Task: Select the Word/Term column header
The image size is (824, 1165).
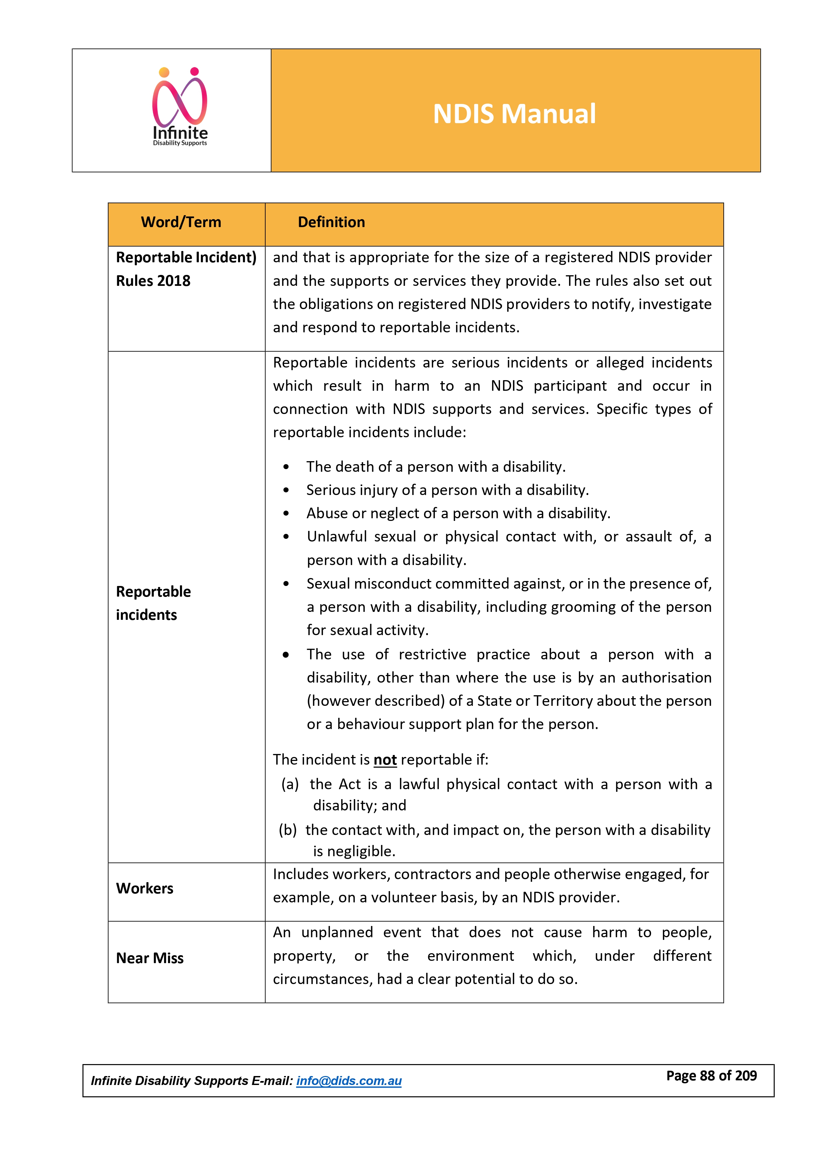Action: tap(181, 222)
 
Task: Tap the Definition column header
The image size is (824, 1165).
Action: tap(331, 222)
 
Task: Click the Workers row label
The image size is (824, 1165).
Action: tap(145, 888)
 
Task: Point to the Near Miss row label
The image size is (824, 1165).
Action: tap(150, 958)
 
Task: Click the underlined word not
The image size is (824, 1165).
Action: tap(385, 760)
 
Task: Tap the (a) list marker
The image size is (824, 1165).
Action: tap(290, 785)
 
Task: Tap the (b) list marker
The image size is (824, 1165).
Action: tap(288, 830)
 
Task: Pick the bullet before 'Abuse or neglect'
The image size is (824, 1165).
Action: tap(286, 514)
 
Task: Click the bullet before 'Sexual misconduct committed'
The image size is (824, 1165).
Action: tap(286, 584)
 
